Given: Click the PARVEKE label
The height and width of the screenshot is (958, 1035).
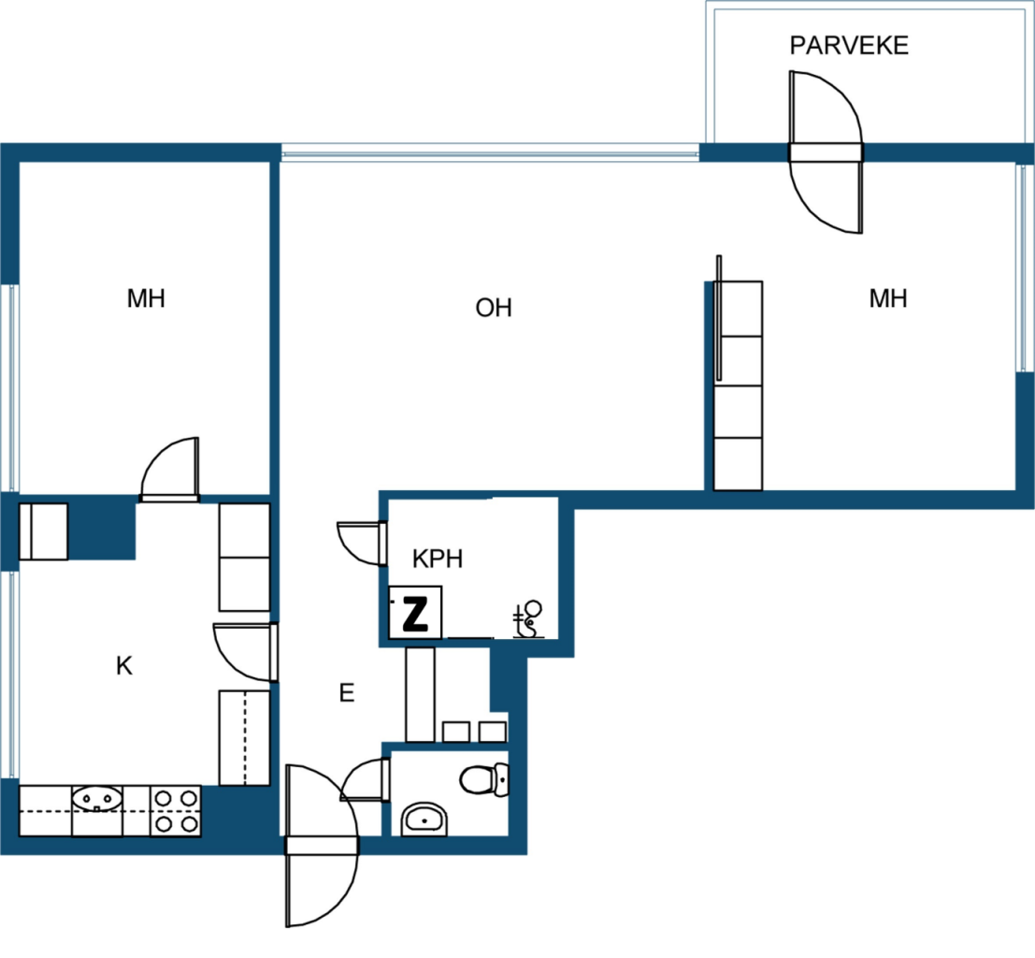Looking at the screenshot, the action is pyautogui.click(x=849, y=45).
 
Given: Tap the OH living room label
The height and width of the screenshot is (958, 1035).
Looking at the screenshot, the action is pyautogui.click(x=494, y=307).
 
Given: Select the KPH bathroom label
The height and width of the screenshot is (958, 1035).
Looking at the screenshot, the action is pyautogui.click(x=438, y=559).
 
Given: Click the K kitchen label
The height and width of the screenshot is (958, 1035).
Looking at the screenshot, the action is pyautogui.click(x=124, y=665).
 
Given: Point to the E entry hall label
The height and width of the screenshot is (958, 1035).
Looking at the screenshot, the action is pyautogui.click(x=347, y=692).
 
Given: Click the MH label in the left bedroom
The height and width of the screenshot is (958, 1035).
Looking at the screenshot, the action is pyautogui.click(x=146, y=298).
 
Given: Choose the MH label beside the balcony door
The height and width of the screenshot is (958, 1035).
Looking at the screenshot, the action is pyautogui.click(x=888, y=298).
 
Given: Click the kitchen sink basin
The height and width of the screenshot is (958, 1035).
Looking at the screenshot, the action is pyautogui.click(x=97, y=799).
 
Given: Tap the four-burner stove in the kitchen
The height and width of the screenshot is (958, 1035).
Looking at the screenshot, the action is pyautogui.click(x=176, y=811).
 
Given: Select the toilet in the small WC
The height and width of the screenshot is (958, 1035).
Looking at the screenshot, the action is pyautogui.click(x=483, y=779).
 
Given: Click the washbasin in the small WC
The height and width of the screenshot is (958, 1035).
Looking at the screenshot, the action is pyautogui.click(x=424, y=820).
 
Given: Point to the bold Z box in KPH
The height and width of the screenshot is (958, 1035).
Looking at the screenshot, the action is pyautogui.click(x=415, y=613).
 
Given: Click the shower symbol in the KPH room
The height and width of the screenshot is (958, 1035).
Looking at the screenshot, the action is pyautogui.click(x=528, y=619).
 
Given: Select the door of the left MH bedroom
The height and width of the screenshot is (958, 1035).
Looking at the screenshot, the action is pyautogui.click(x=169, y=468).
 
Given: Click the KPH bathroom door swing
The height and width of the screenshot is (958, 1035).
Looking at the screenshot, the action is pyautogui.click(x=361, y=544).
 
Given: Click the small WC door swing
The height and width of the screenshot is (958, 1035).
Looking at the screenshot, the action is pyautogui.click(x=364, y=779).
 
